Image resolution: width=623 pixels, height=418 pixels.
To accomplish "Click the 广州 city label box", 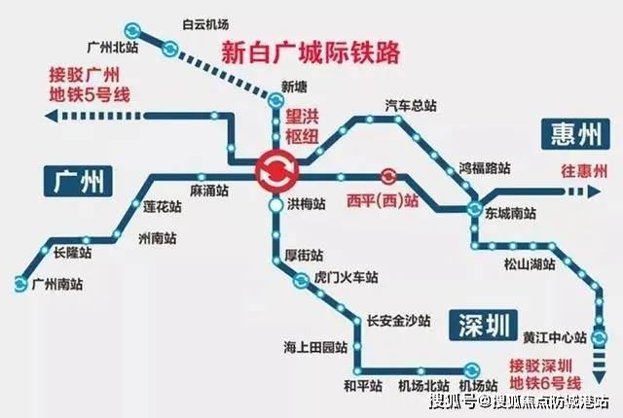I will (x=77, y=180).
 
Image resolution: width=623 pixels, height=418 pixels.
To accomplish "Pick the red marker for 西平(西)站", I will (x=387, y=176).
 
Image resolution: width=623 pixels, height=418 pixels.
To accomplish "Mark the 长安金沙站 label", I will (x=397, y=319).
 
